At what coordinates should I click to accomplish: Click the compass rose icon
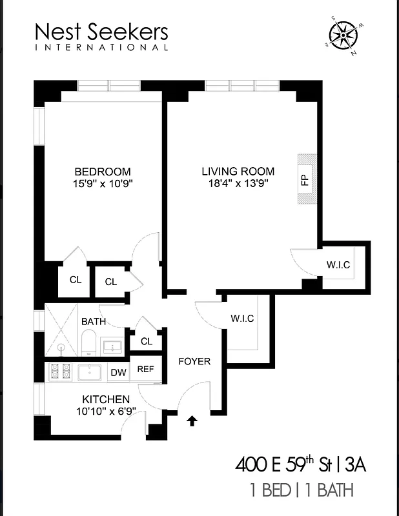pos(344,35)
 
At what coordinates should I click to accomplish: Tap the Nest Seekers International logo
pos(101,36)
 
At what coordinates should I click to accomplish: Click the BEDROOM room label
pos(103,172)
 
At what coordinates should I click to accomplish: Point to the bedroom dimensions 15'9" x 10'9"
pos(103,183)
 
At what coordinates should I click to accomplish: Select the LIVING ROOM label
pos(238,172)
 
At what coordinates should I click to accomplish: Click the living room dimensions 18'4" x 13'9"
pos(238,183)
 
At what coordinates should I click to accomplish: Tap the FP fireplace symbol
pos(304,180)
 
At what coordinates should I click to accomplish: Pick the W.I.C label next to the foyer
pos(242,319)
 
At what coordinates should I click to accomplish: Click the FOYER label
pos(194,361)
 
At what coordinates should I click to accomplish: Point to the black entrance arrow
pos(191,421)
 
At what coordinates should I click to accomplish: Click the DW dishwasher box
pos(118,372)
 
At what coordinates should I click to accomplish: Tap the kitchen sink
pos(90,372)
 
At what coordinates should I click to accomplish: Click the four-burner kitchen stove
pos(59,372)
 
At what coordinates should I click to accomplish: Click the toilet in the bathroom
pos(88,341)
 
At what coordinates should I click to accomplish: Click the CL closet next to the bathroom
pos(146,341)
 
